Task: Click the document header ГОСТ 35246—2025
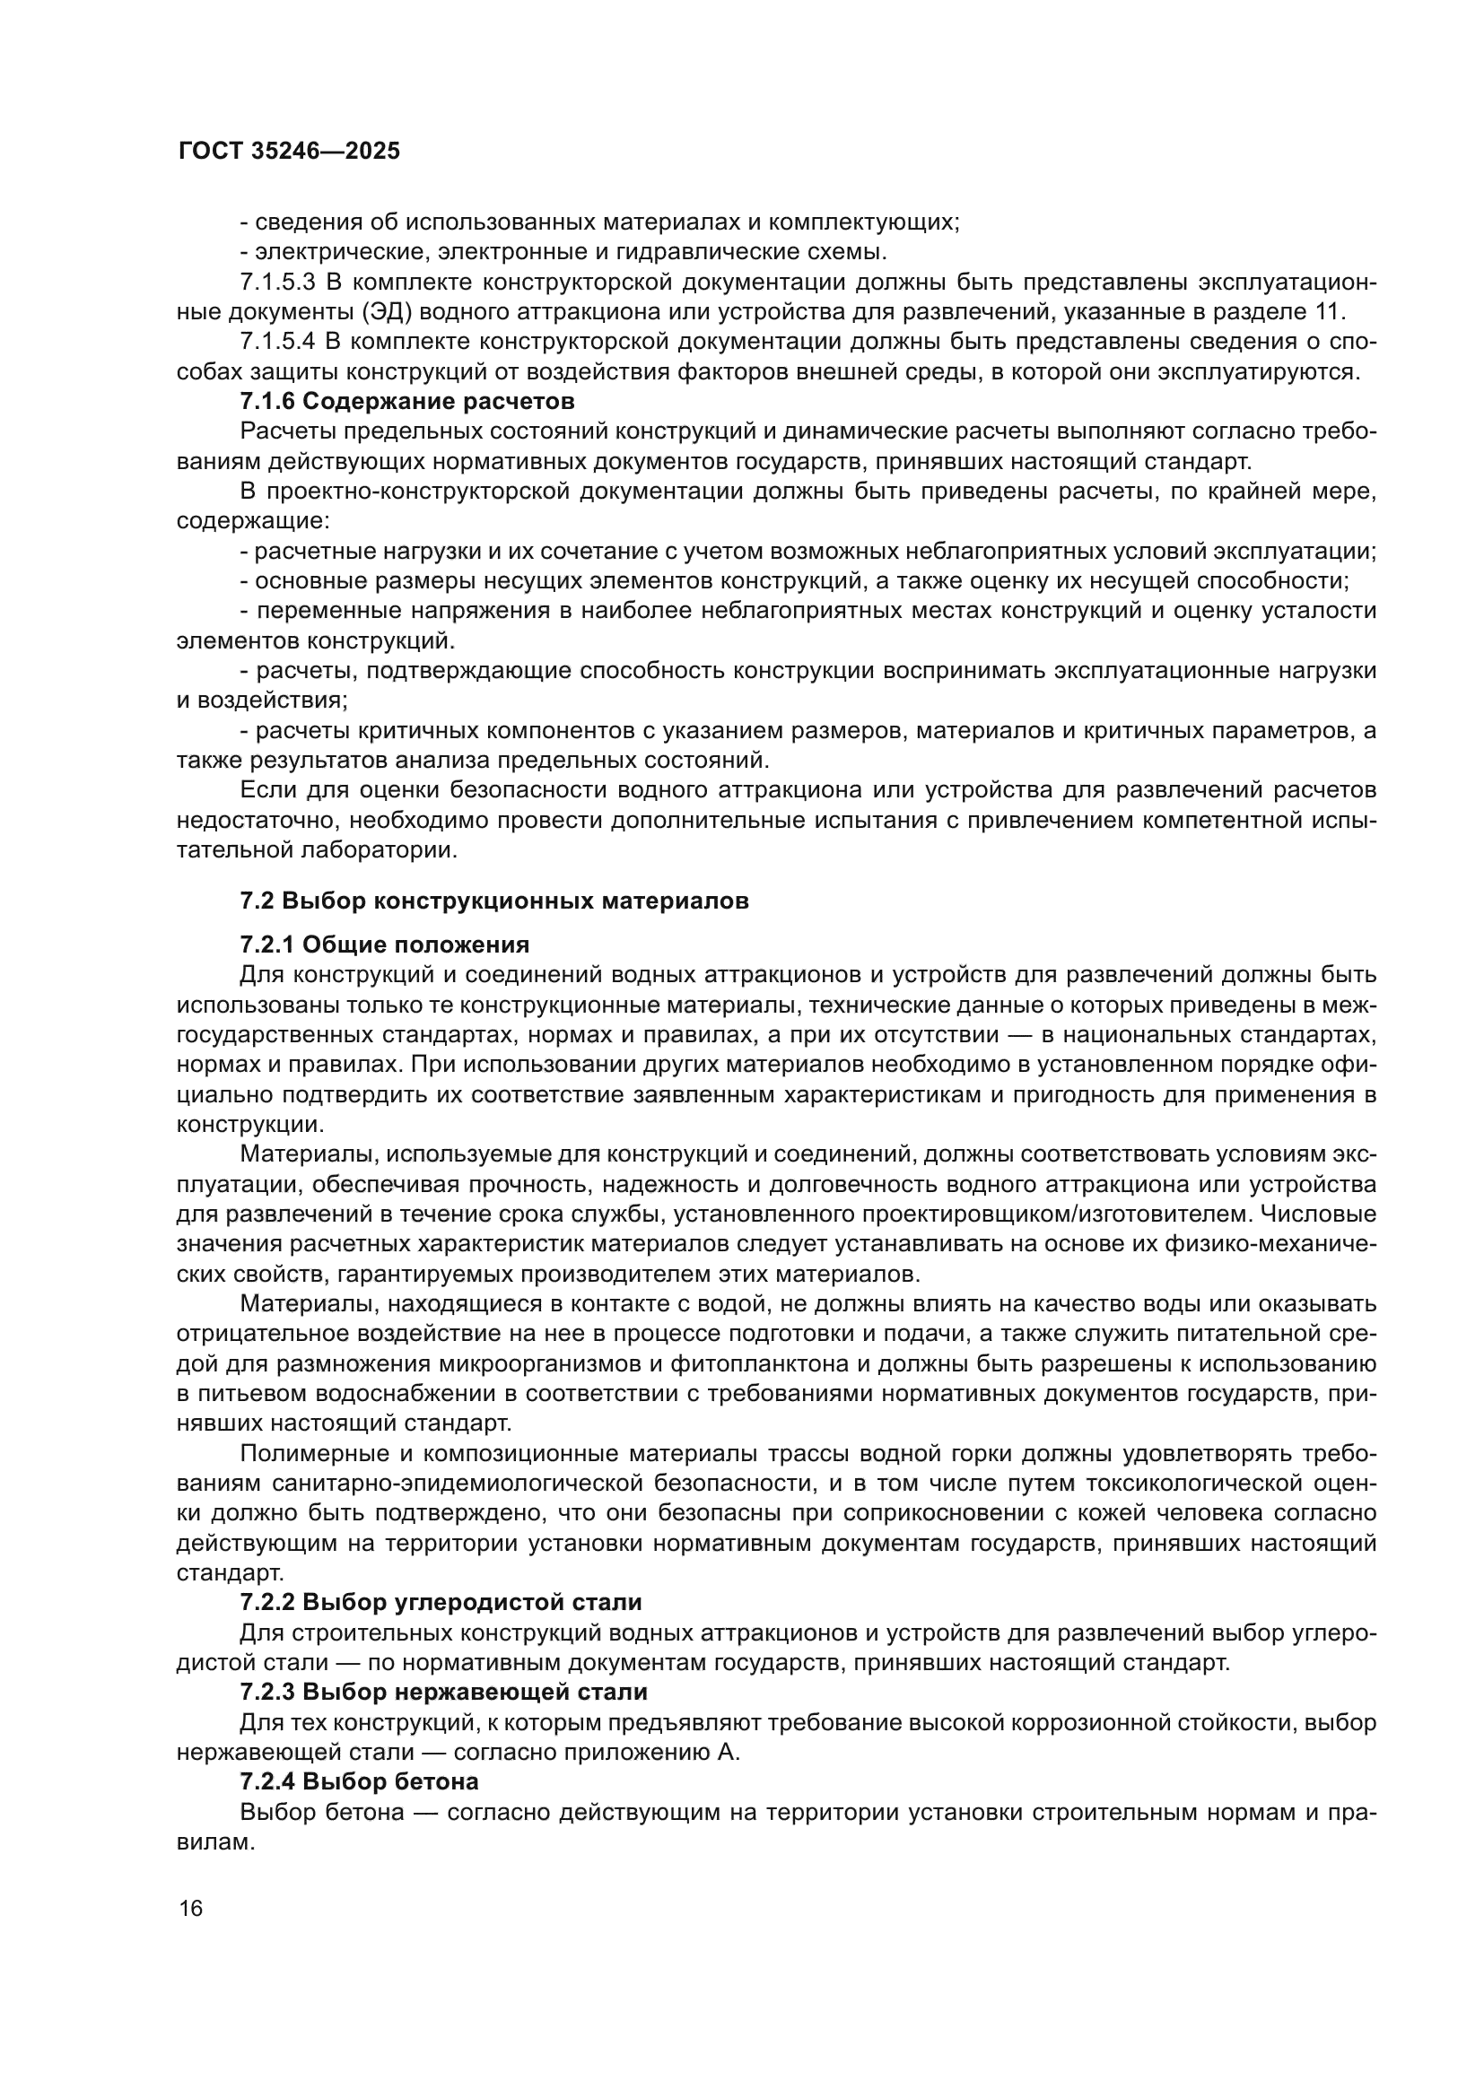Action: tap(289, 152)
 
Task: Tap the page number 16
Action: tap(191, 1907)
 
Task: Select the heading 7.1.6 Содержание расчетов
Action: tap(407, 401)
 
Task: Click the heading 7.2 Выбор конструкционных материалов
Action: tap(494, 901)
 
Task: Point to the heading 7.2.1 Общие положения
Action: tap(385, 944)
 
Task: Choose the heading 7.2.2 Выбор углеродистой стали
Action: tap(441, 1602)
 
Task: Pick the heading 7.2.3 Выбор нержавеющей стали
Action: tap(443, 1692)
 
